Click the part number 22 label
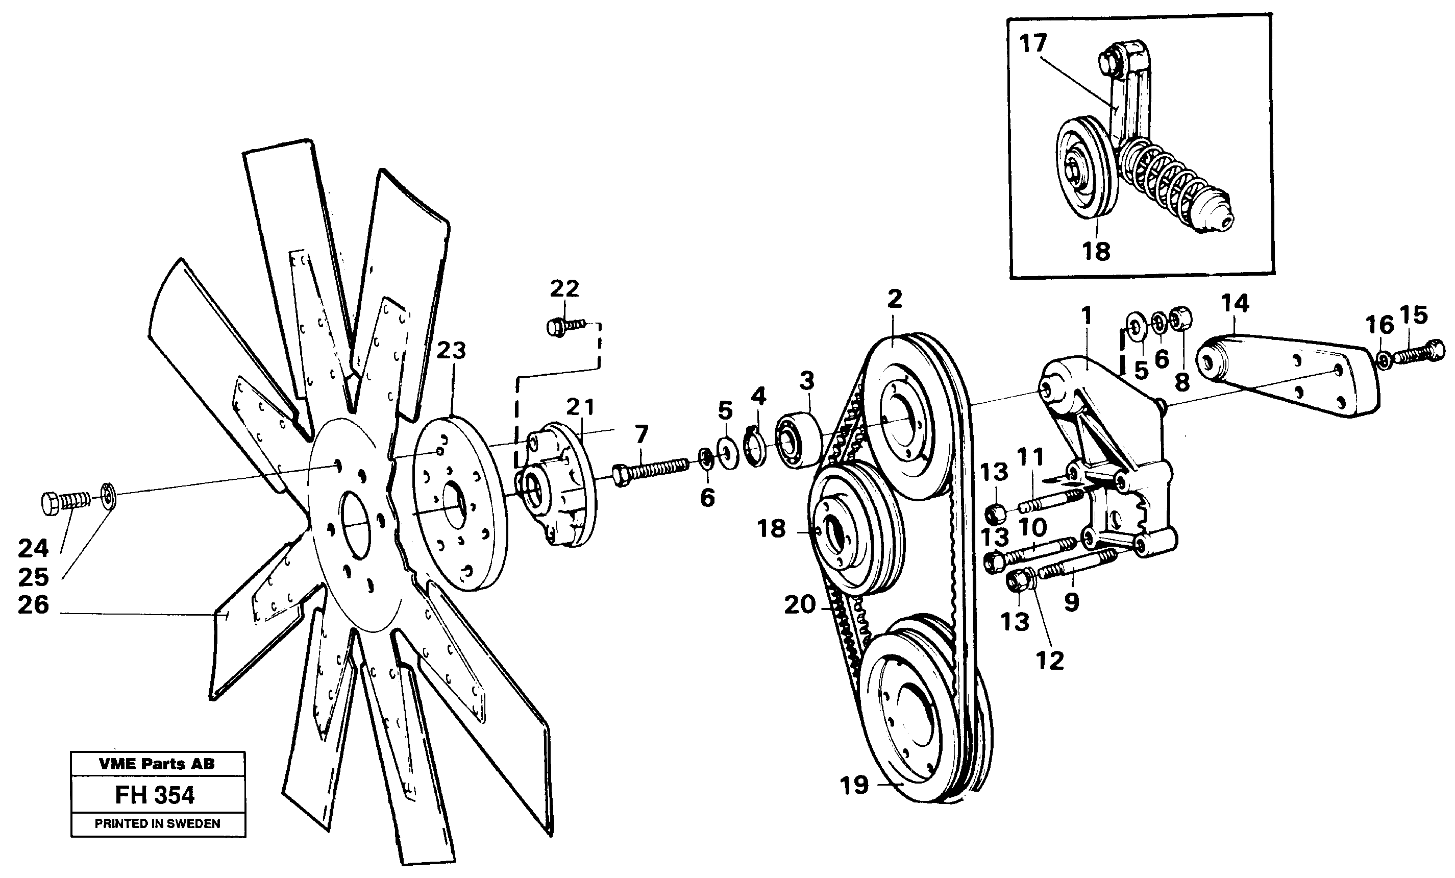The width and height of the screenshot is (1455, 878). pos(564,289)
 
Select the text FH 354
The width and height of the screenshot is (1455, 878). pos(155,795)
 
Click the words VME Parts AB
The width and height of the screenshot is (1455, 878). pos(157,764)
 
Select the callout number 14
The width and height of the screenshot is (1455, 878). pos(1235,303)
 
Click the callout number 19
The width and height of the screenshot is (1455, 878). pos(854,785)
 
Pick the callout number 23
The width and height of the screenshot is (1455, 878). pos(451,350)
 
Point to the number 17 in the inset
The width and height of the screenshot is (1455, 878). pos(1033,43)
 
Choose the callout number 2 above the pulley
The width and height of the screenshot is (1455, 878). pos(895,299)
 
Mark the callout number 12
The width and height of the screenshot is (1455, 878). pos(1049,661)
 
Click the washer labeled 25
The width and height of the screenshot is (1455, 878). pos(109,495)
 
